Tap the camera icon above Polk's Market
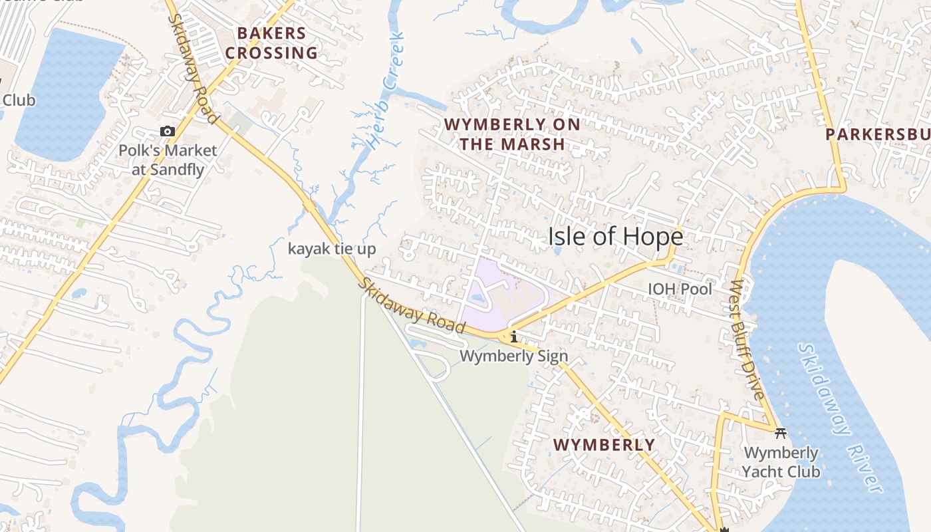tap(168, 132)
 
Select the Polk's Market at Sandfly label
tap(168, 160)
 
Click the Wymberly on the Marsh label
tap(512, 134)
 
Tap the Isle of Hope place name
tap(615, 237)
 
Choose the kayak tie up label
tap(332, 249)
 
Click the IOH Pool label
tap(680, 289)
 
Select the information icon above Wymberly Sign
tap(513, 337)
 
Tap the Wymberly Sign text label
tap(514, 356)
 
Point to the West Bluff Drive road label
tap(748, 339)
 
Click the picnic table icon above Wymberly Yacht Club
tap(781, 434)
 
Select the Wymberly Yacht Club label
tap(781, 462)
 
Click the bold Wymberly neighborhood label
tap(604, 445)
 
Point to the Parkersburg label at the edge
tap(878, 134)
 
